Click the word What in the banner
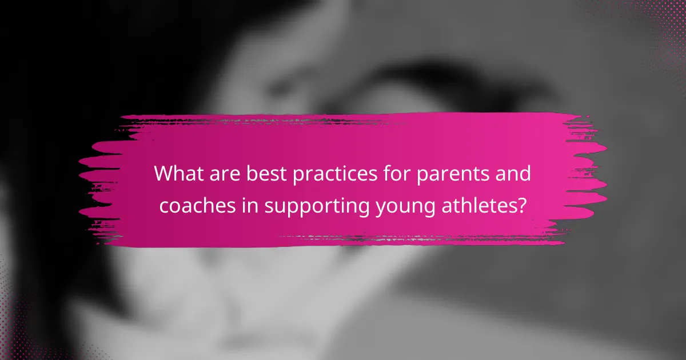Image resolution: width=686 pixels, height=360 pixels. point(179,173)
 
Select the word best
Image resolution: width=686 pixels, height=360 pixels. point(266,174)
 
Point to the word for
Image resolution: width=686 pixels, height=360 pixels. point(397,173)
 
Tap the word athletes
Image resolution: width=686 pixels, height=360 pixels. point(479,205)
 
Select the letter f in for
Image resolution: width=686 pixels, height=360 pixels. point(388,173)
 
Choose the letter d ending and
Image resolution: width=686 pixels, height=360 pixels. point(525,173)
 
